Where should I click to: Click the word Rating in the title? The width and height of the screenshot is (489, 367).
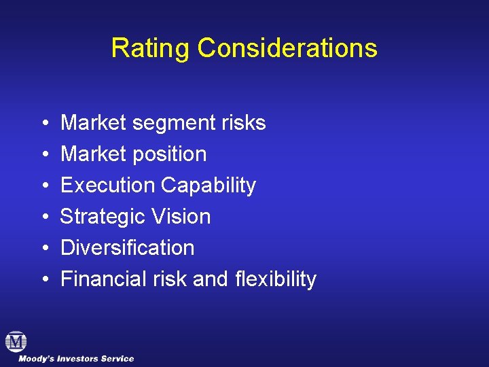pyautogui.click(x=151, y=48)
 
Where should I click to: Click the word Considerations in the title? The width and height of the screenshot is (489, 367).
pyautogui.click(x=287, y=48)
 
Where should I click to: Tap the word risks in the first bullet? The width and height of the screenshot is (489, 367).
pyautogui.click(x=242, y=123)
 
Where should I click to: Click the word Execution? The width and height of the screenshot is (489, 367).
pyautogui.click(x=107, y=186)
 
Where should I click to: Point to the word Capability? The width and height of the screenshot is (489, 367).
pyautogui.click(x=208, y=186)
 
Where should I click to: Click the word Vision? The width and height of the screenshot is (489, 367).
pyautogui.click(x=182, y=217)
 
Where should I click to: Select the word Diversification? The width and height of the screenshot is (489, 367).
pyautogui.click(x=127, y=248)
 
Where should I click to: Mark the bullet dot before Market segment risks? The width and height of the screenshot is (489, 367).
pyautogui.click(x=43, y=124)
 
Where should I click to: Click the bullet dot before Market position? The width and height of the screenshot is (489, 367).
pyautogui.click(x=43, y=155)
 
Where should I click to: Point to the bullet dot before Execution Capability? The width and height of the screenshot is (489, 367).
pyautogui.click(x=43, y=186)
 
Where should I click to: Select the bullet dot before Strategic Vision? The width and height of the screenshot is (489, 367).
pyautogui.click(x=43, y=217)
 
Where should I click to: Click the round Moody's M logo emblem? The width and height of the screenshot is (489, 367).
pyautogui.click(x=16, y=341)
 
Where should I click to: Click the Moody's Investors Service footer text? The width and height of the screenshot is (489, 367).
pyautogui.click(x=76, y=359)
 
